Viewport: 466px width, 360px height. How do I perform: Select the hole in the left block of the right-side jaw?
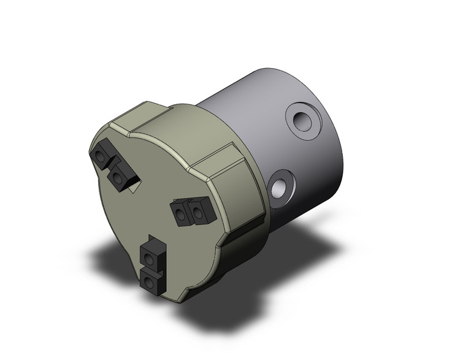(180, 214)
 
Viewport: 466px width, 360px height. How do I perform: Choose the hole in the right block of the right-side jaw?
(198, 213)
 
